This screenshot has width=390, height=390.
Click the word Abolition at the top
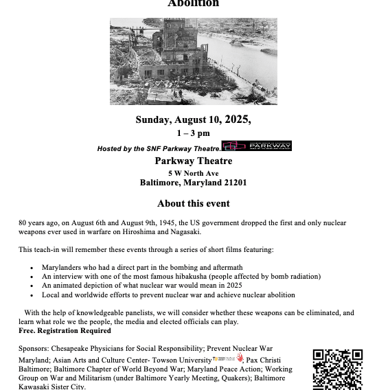(x=194, y=3)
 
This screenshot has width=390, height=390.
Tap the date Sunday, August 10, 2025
(x=193, y=119)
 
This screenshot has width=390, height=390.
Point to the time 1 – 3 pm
(x=193, y=133)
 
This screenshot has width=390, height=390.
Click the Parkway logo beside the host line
(x=257, y=146)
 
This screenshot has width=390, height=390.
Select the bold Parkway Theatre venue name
(x=193, y=161)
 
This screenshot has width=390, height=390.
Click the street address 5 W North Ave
(x=193, y=173)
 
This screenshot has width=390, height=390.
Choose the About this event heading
(x=193, y=203)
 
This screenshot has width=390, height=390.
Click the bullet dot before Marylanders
(x=32, y=267)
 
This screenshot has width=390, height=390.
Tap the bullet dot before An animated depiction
(x=32, y=286)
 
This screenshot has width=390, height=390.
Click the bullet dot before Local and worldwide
(x=32, y=295)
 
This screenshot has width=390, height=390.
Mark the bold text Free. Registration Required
(x=65, y=330)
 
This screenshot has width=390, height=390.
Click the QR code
(x=337, y=369)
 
